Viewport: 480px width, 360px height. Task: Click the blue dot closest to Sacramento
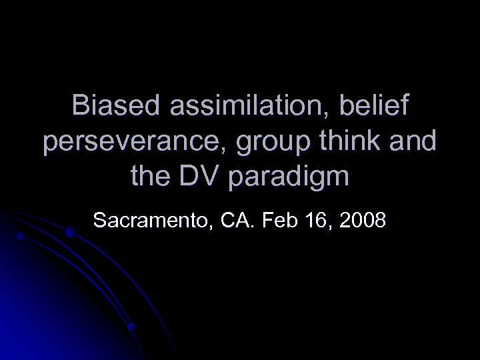coord(70,233)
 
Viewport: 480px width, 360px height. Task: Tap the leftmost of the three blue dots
coord(21,237)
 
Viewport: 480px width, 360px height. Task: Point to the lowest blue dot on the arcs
coord(132,327)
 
